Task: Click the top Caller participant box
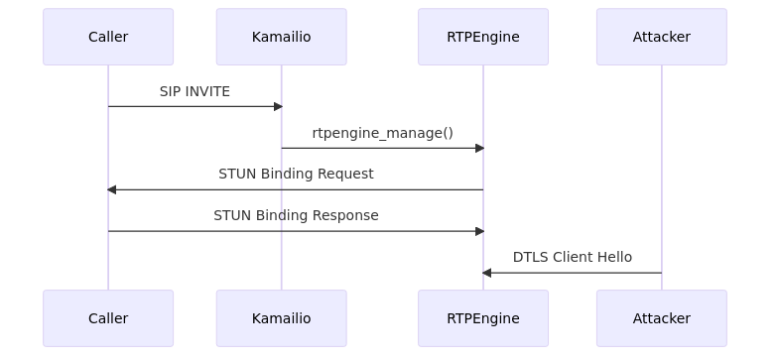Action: click(108, 37)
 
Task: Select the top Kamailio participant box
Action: click(281, 37)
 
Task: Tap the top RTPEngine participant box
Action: click(483, 37)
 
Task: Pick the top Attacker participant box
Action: click(662, 37)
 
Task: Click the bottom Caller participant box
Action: click(108, 318)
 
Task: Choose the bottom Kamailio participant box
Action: click(281, 318)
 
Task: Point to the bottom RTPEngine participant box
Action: click(483, 318)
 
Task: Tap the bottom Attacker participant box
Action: click(662, 318)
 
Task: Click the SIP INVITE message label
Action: click(194, 91)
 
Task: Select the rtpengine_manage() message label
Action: click(382, 133)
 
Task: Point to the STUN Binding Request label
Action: click(296, 174)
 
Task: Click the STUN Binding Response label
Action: click(296, 215)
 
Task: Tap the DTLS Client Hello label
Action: click(572, 257)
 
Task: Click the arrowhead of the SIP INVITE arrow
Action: click(278, 106)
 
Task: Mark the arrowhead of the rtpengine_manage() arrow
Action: click(479, 148)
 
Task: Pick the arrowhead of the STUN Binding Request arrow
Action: click(112, 189)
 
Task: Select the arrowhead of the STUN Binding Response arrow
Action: click(479, 231)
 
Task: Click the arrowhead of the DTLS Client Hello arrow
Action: click(487, 273)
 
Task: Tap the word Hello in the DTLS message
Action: click(613, 257)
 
